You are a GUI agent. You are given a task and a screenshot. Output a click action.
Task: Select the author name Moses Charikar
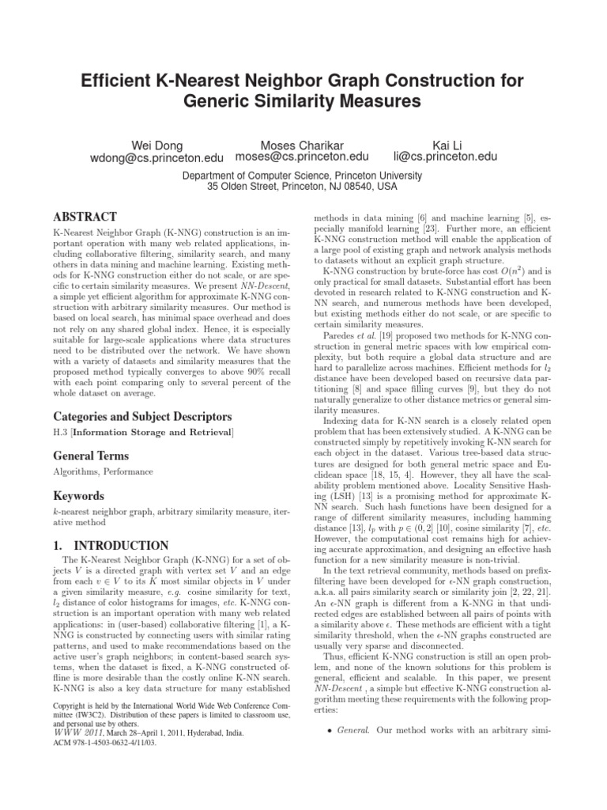[x=302, y=145]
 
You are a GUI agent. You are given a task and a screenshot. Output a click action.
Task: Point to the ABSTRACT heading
[x=85, y=217]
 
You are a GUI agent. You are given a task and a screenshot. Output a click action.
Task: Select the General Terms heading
[x=91, y=456]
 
